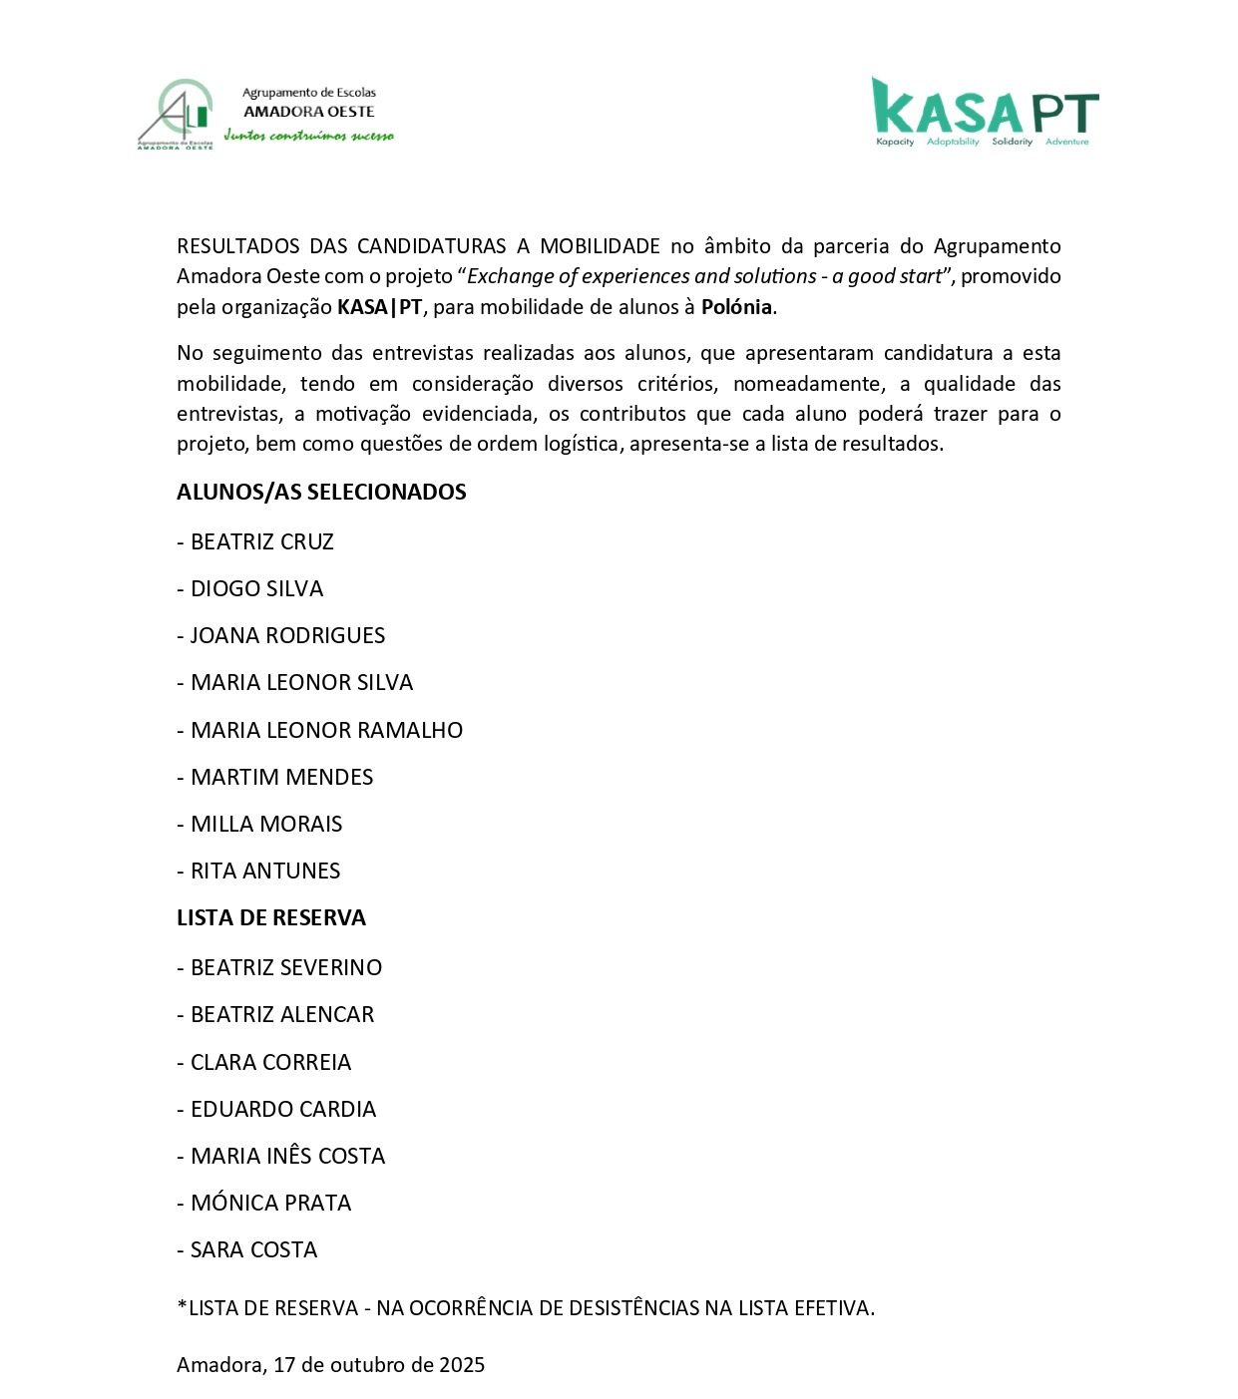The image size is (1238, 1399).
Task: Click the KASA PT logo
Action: click(985, 112)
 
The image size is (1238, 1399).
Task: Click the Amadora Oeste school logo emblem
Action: click(176, 114)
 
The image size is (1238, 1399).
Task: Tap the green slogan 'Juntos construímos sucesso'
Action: click(308, 136)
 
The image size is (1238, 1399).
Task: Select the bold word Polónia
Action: click(736, 307)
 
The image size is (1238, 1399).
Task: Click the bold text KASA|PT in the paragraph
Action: click(379, 307)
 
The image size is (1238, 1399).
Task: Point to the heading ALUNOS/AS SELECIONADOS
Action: click(321, 492)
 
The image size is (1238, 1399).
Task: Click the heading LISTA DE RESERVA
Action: click(271, 917)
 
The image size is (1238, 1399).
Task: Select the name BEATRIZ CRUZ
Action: click(261, 541)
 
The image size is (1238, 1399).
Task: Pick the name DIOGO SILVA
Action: click(256, 588)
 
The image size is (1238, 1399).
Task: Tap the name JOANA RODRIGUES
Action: click(287, 635)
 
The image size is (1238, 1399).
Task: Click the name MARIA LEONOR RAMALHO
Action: click(326, 730)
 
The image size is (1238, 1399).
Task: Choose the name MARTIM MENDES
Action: click(281, 777)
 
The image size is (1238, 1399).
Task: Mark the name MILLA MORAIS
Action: click(266, 824)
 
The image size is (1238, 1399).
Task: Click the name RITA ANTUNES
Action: click(265, 871)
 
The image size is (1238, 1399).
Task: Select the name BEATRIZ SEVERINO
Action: click(286, 967)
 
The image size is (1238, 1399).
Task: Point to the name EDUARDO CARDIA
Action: click(283, 1109)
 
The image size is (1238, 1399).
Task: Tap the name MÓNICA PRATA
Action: click(270, 1203)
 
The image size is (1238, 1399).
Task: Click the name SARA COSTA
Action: click(253, 1249)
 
